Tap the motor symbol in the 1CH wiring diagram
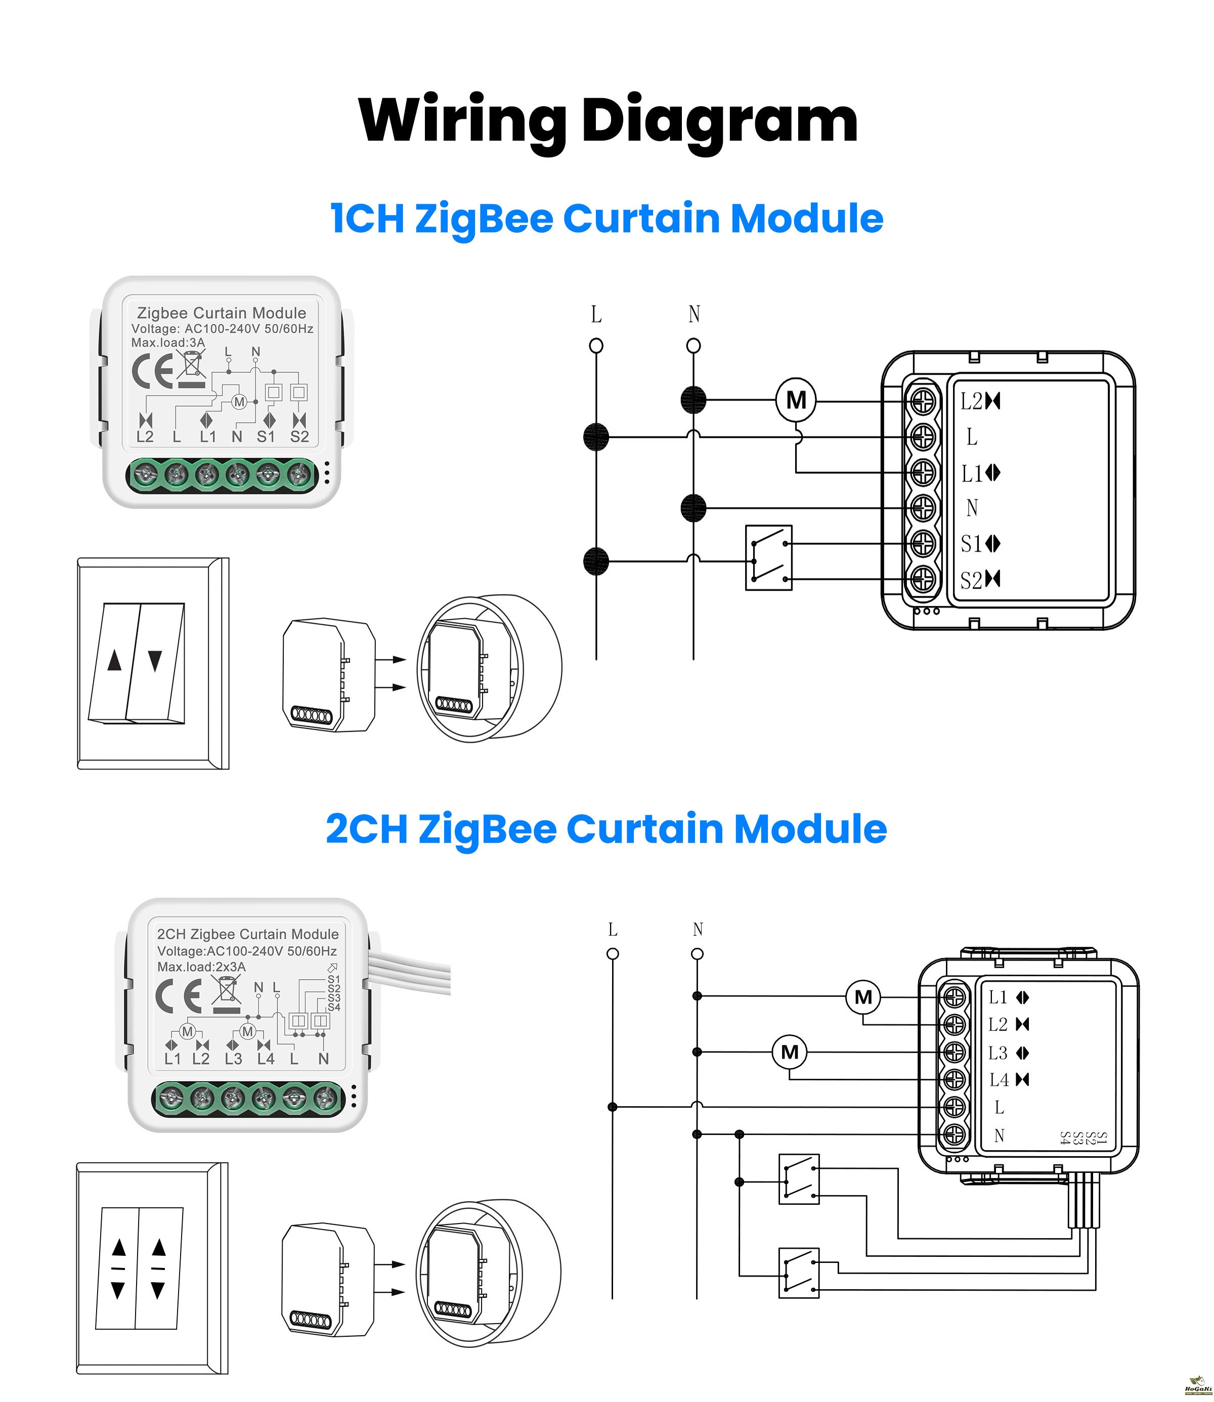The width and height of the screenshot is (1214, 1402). click(796, 400)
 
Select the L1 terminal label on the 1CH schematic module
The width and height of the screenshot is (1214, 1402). click(972, 473)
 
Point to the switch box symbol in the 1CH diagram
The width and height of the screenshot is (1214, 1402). click(768, 557)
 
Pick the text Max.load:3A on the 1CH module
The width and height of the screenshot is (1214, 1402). click(168, 343)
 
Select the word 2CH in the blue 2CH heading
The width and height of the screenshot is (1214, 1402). click(367, 829)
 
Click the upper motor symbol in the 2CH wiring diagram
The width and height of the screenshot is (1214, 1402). click(863, 997)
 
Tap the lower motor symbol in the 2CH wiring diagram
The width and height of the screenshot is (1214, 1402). click(790, 1052)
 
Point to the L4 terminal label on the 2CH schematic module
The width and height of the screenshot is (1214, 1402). click(999, 1080)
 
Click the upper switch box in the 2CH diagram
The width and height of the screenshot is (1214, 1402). click(799, 1179)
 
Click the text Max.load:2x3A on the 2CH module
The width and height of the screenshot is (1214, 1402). click(201, 967)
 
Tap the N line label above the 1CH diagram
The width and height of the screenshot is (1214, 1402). click(693, 314)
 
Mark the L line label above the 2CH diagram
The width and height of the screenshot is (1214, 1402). click(613, 930)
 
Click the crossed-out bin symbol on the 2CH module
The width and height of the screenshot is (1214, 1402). click(226, 992)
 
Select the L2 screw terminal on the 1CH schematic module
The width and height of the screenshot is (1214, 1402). click(922, 402)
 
